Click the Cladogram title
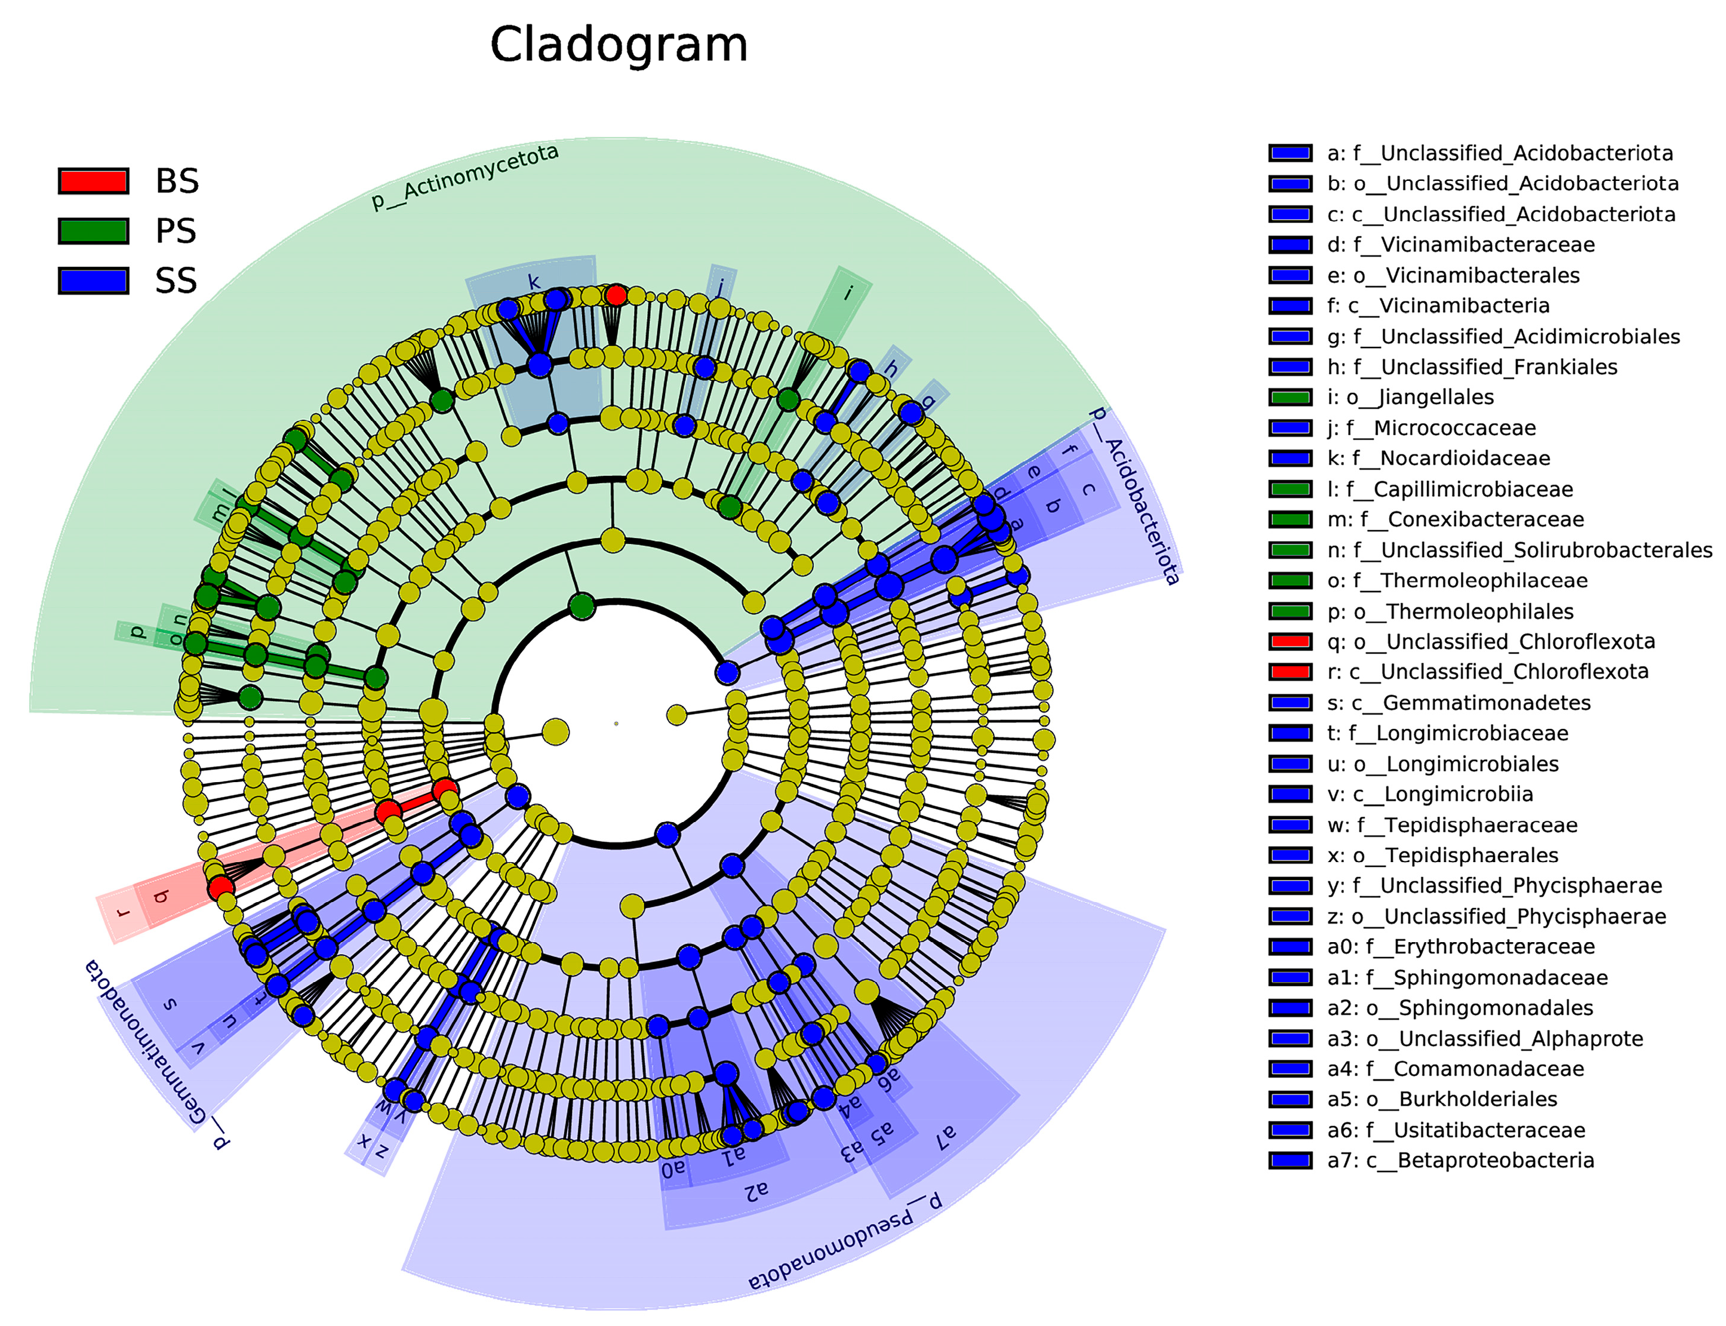pyautogui.click(x=618, y=45)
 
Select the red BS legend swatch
pyautogui.click(x=93, y=181)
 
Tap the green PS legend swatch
pyautogui.click(x=93, y=230)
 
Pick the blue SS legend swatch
pyautogui.click(x=93, y=280)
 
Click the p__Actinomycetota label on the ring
pyautogui.click(x=465, y=177)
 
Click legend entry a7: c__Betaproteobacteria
pyautogui.click(x=1460, y=1160)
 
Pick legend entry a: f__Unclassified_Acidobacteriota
pyautogui.click(x=1500, y=153)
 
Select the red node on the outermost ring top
pyautogui.click(x=616, y=295)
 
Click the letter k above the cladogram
pyautogui.click(x=534, y=282)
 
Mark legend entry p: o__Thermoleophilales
pyautogui.click(x=1450, y=612)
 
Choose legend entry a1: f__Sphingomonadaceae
pyautogui.click(x=1467, y=977)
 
